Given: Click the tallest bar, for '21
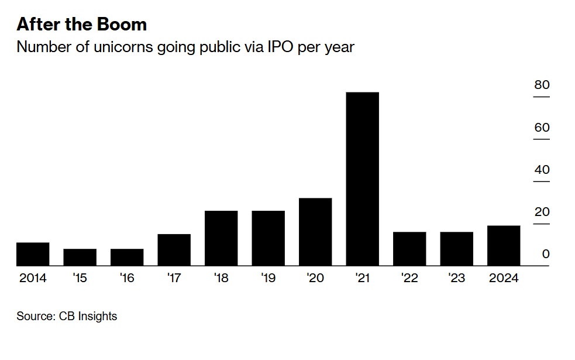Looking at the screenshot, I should coord(362,179).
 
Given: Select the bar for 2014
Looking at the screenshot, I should coord(33,254).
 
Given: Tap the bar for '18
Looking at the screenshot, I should coord(221,238).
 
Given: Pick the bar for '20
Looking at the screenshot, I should coord(315,232).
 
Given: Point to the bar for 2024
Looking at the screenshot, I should coord(504,246).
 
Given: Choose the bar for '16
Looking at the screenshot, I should coord(127,258).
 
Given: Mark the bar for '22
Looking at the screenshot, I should coord(409,249).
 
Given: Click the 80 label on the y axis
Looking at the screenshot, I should coord(542,85).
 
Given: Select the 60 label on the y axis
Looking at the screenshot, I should coord(542,128).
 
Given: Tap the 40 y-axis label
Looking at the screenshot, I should coord(542,170).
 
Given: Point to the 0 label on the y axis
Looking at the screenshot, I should coord(545,254).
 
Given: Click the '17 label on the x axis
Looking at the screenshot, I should coord(174,278).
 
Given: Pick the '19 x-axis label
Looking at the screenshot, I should coord(268,278).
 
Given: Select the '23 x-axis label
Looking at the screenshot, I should coord(456,278).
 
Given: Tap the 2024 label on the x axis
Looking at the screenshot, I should coord(504,278).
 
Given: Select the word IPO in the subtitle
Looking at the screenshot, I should coord(278,47).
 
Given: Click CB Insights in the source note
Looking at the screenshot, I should coord(88,317).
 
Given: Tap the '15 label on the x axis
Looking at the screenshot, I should coord(80,278).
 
